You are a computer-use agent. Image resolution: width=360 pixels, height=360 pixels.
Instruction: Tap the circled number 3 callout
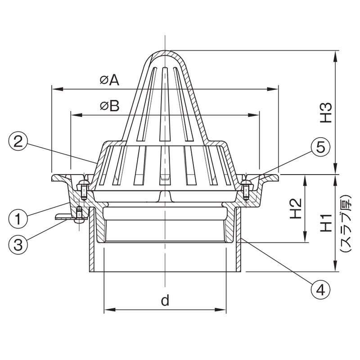(17, 245)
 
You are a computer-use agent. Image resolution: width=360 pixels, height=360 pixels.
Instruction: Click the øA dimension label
(109, 80)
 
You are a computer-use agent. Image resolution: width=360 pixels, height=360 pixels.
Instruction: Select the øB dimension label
(109, 106)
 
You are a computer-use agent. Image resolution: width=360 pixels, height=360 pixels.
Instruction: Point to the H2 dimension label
(296, 210)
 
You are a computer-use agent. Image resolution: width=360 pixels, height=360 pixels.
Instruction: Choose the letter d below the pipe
(165, 300)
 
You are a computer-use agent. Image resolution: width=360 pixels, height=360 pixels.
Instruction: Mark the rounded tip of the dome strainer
(165, 51)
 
